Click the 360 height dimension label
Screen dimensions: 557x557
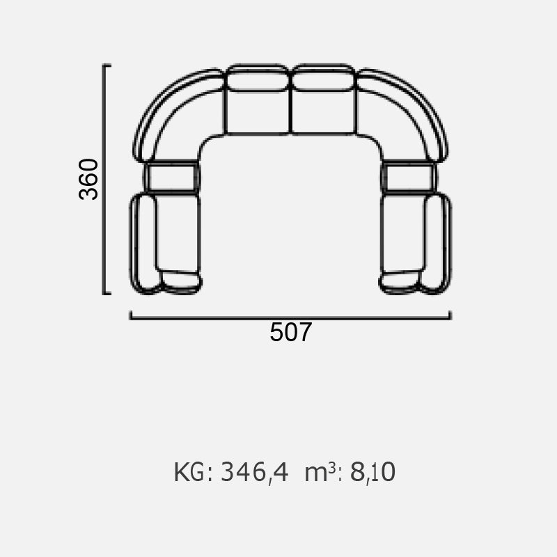[88, 180]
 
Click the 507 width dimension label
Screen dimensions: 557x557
[290, 333]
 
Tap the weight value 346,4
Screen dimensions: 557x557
[254, 473]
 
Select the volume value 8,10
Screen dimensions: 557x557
[372, 472]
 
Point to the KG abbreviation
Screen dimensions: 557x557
[189, 472]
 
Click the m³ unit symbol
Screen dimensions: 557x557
[320, 471]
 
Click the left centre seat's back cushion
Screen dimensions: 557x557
[258, 77]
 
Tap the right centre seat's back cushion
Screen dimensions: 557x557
[323, 77]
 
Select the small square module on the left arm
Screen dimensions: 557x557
[172, 177]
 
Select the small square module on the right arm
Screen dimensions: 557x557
[409, 177]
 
